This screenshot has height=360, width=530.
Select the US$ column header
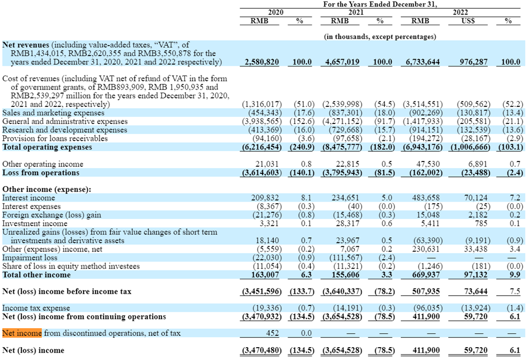[x=468, y=21]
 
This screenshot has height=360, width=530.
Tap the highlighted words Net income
[x=22, y=333]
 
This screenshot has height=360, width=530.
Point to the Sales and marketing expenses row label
[x=53, y=113]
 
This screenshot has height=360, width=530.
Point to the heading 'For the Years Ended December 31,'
[x=380, y=4]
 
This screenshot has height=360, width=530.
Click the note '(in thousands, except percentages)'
[x=380, y=37]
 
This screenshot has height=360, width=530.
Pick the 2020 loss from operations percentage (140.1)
[x=300, y=173]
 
